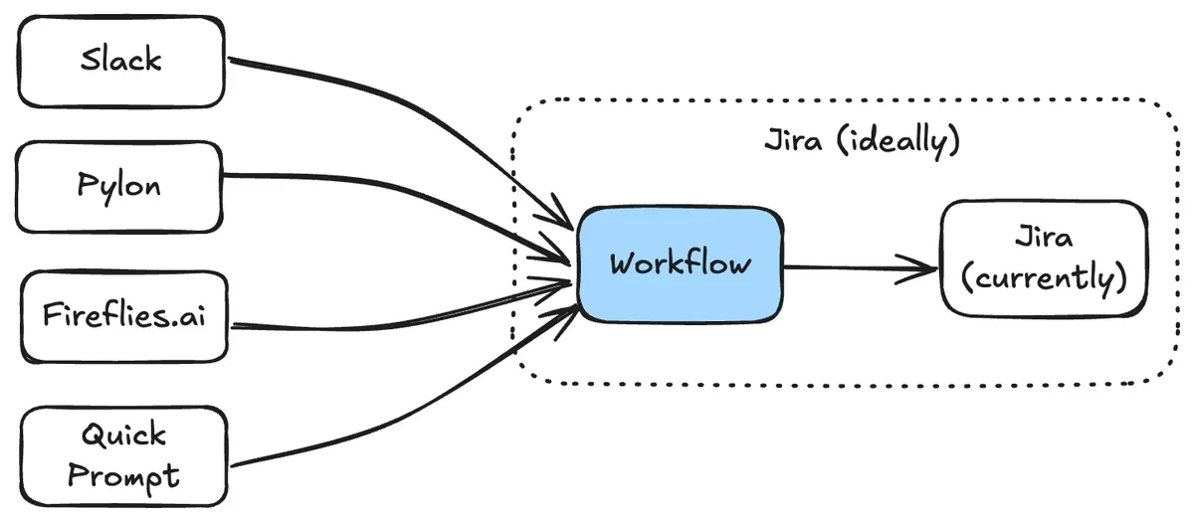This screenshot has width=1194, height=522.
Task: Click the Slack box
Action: pos(119,61)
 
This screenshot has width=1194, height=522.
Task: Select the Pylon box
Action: pos(119,187)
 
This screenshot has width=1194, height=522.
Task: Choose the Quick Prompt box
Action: pos(123,455)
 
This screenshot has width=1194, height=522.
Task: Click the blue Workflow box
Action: pos(680,264)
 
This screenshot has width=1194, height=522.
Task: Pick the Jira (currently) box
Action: pos(1043,259)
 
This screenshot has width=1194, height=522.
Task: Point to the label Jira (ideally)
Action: pos(861,140)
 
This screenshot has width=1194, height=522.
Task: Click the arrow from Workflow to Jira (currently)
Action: pos(856,266)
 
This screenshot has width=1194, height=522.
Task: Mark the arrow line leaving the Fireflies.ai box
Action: pos(398,316)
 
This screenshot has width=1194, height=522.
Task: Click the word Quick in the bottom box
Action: pos(124,435)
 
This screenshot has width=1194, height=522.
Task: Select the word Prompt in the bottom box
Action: pos(124,475)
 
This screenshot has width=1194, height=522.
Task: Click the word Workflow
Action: pos(680,264)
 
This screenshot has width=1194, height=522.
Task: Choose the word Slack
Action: pos(120,60)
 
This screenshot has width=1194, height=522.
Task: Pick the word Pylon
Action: pos(119,186)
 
